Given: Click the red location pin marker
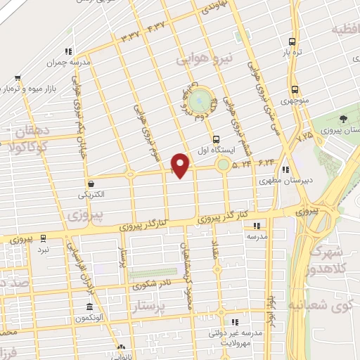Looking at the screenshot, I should point(181,165).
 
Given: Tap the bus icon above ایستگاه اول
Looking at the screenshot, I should point(215,139).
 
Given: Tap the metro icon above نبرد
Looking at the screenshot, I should point(44,238).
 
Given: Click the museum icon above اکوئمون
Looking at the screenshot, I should point(90,307).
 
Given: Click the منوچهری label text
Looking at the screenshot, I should point(295,101).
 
